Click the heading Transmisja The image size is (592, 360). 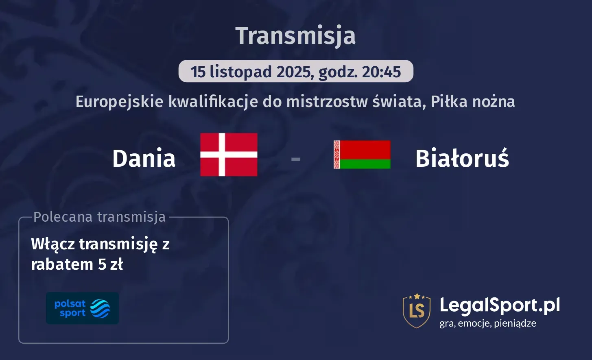(x=296, y=36)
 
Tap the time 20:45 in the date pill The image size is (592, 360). (x=381, y=72)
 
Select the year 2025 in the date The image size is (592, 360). (x=294, y=72)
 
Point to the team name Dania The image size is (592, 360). (x=144, y=158)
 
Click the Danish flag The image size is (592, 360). (x=229, y=155)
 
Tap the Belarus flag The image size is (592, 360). (x=362, y=155)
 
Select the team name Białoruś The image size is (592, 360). (x=462, y=158)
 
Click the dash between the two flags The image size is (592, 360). (x=296, y=159)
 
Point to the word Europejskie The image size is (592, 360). (x=120, y=102)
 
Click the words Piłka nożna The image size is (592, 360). (x=472, y=102)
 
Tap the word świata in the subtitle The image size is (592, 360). (x=399, y=102)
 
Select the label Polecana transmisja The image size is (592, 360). (x=100, y=217)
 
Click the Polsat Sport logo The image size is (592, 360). (x=82, y=308)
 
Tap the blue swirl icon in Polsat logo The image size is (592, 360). (x=100, y=308)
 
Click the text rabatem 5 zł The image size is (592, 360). (x=77, y=264)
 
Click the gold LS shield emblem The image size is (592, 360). (x=417, y=311)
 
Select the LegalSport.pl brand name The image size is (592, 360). (x=500, y=305)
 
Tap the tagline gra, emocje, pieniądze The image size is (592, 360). (x=488, y=323)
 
